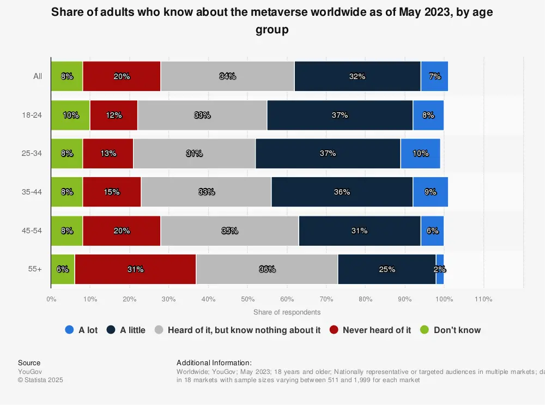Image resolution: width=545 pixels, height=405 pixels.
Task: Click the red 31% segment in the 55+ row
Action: tap(135, 269)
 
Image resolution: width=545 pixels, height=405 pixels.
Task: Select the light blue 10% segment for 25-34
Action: tap(420, 154)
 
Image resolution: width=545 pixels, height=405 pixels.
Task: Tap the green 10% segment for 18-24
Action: tap(70, 115)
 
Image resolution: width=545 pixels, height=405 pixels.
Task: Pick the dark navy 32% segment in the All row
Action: tap(357, 76)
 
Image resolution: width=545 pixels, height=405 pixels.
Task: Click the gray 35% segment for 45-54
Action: tap(229, 231)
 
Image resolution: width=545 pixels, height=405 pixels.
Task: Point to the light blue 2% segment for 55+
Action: tap(440, 269)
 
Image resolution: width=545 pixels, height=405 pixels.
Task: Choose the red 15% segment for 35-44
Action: tap(112, 192)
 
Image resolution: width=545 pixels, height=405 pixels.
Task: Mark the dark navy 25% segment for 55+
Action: tap(386, 269)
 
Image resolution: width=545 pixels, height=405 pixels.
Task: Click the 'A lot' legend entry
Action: tap(81, 330)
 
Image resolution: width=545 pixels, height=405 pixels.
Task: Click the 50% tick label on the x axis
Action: tap(247, 299)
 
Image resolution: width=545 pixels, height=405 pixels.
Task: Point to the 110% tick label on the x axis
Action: tap(483, 299)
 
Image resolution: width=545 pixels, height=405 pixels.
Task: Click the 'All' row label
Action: tap(38, 76)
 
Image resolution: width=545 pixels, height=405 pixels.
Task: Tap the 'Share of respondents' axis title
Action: tap(287, 312)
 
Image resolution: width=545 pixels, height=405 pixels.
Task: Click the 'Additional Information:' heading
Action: tap(214, 362)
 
